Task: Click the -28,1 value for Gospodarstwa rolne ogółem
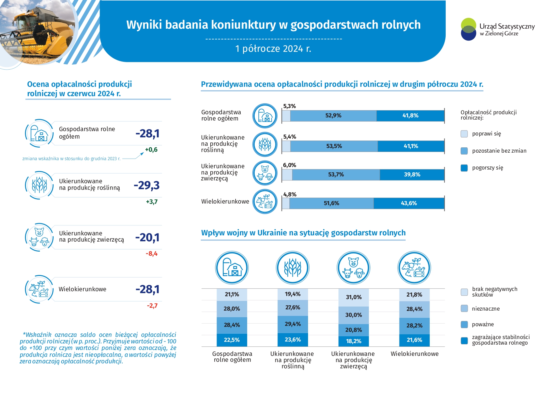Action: pos(147,134)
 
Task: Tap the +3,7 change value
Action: pos(152,202)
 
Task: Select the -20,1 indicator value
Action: pos(147,238)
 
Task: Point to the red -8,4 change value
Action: pos(152,253)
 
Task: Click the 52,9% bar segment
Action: pos(333,115)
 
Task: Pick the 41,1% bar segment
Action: pos(411,146)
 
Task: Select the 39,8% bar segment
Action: pos(412,174)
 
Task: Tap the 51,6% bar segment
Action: pos(331,203)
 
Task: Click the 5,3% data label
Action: pos(289,106)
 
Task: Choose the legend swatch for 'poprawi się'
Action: pos(464,134)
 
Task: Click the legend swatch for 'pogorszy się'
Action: pos(464,168)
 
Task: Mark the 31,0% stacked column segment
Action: pos(354,297)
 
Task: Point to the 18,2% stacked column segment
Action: pos(354,341)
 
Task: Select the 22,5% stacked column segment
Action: pos(232,340)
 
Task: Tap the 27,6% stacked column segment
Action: pos(293,307)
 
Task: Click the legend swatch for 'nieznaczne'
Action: pos(464,309)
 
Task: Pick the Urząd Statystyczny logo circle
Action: pos(468,29)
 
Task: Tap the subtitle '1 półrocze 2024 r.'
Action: pos(273,49)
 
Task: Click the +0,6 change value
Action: pos(151,150)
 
